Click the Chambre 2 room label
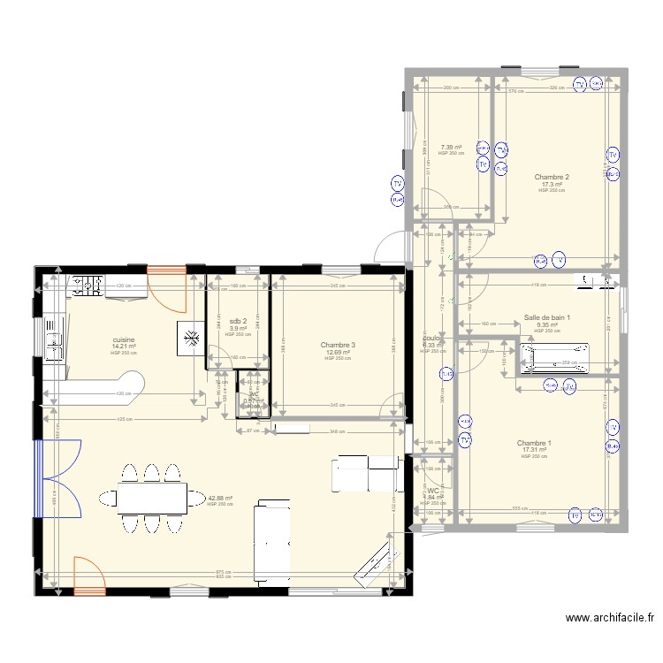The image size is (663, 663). (x=551, y=177)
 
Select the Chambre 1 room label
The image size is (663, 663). (x=534, y=443)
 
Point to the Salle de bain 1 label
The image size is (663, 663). (x=547, y=317)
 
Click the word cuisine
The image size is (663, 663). (x=123, y=339)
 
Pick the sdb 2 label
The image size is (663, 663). (x=237, y=321)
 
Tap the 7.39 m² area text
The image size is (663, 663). (x=452, y=148)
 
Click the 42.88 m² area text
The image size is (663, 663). (x=219, y=498)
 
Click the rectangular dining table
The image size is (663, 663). (x=151, y=499)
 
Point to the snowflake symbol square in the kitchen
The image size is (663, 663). (x=191, y=336)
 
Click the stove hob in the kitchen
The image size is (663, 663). (x=86, y=285)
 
